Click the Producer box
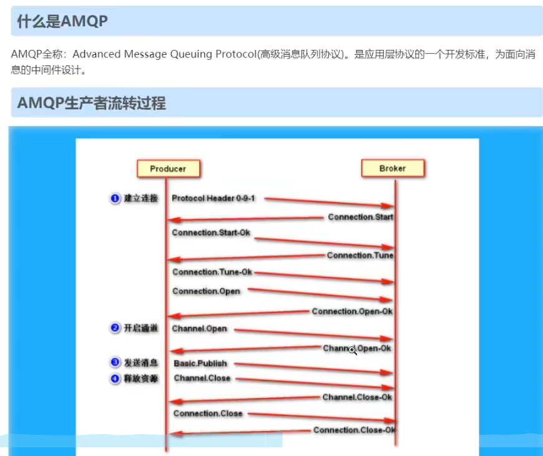pyautogui.click(x=167, y=169)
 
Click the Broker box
pyautogui.click(x=393, y=168)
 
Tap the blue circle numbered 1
pyautogui.click(x=115, y=198)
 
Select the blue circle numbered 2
pyautogui.click(x=115, y=329)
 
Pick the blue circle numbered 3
pyautogui.click(x=115, y=362)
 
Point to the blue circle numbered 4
pyautogui.click(x=115, y=378)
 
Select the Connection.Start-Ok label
pyautogui.click(x=211, y=233)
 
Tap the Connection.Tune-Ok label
pyautogui.click(x=212, y=272)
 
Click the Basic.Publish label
pyautogui.click(x=200, y=363)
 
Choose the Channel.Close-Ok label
pyautogui.click(x=357, y=397)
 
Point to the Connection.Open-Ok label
pyautogui.click(x=352, y=311)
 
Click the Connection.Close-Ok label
pyautogui.click(x=354, y=430)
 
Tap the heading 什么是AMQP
pyautogui.click(x=62, y=21)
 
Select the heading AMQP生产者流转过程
pyautogui.click(x=92, y=103)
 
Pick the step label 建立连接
pyautogui.click(x=140, y=198)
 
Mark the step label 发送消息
pyautogui.click(x=140, y=362)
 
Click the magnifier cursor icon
pyautogui.click(x=353, y=351)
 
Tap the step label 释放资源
pyautogui.click(x=140, y=378)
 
